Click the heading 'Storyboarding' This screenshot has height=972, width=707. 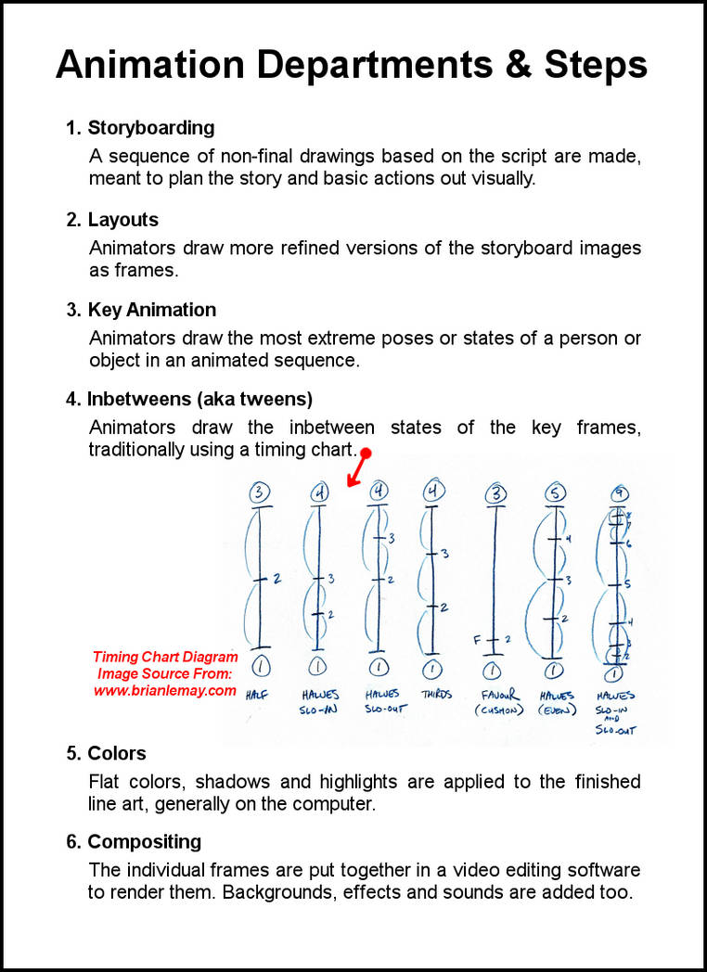point(151,128)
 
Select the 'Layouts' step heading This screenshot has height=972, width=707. point(123,220)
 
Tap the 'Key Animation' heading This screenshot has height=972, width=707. point(152,310)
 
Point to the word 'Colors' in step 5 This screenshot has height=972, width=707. point(117,753)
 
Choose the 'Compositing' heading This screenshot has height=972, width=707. point(145,842)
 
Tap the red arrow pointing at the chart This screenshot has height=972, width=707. point(356,468)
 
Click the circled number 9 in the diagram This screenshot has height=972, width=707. point(615,494)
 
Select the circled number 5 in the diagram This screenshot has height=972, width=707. point(556,494)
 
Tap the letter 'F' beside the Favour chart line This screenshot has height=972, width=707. point(477,640)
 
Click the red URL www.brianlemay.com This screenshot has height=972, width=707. point(164,690)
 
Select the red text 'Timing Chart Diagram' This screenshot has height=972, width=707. point(164,658)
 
